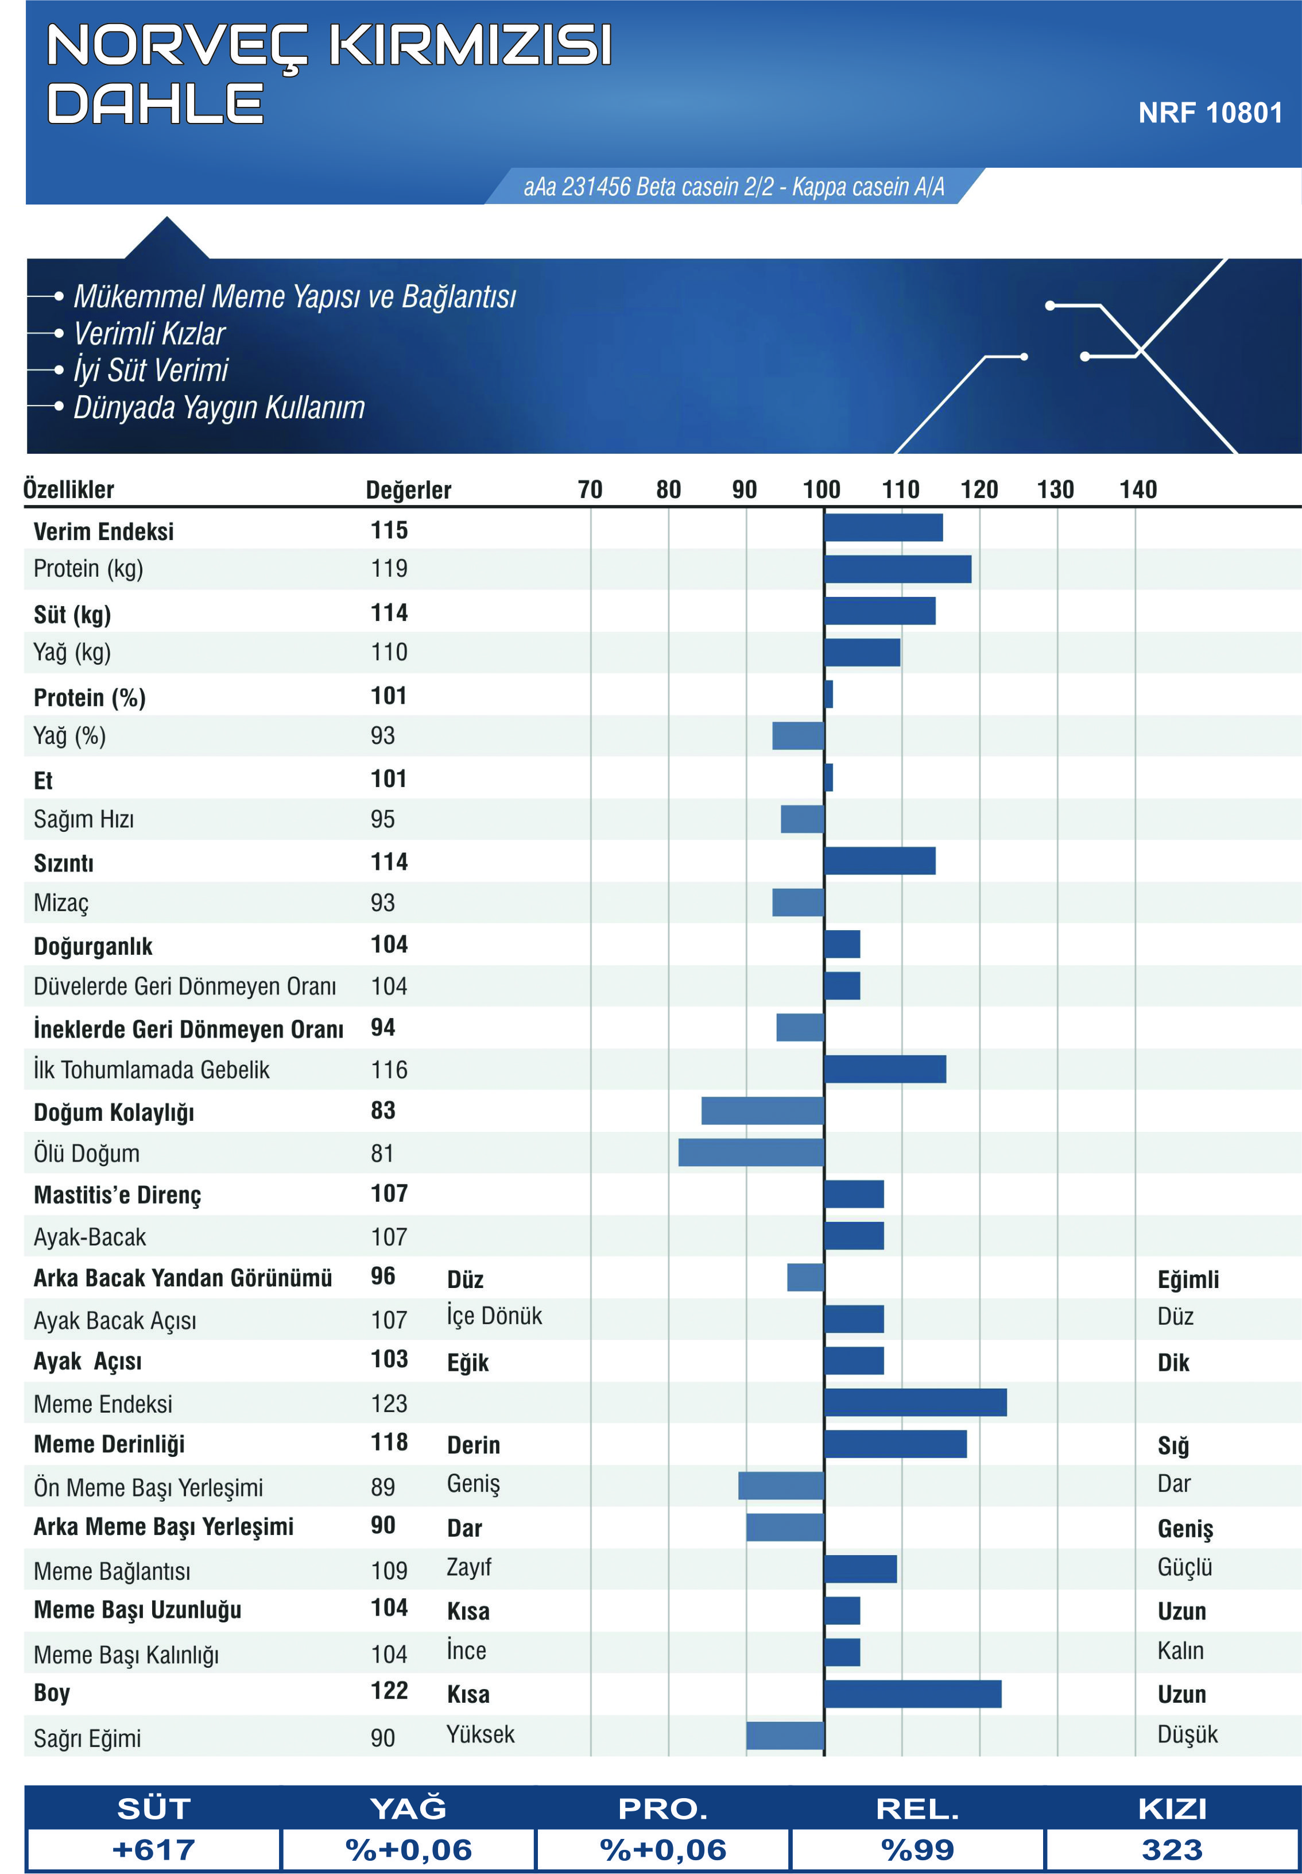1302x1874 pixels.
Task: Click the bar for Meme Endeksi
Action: point(915,1402)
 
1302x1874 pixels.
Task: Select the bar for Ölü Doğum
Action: point(751,1152)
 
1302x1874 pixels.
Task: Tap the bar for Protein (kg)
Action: point(897,569)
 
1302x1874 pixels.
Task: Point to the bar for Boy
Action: point(913,1694)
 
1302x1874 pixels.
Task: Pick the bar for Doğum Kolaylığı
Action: point(763,1111)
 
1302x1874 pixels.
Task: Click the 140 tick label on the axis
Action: point(1138,489)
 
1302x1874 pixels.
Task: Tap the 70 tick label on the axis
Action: point(590,489)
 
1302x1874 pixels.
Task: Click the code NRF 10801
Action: point(1210,113)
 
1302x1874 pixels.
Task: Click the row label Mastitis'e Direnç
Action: point(118,1195)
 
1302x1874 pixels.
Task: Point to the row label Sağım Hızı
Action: point(84,819)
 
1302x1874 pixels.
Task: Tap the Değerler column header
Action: point(408,489)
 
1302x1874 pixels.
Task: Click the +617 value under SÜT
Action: point(154,1849)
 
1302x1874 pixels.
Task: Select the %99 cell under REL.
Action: point(918,1849)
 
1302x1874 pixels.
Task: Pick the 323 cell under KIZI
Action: point(1172,1849)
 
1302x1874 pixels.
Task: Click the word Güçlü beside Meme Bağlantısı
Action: point(1184,1567)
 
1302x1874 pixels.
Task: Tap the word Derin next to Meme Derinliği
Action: point(473,1445)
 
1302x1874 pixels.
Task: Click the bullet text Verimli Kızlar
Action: point(149,334)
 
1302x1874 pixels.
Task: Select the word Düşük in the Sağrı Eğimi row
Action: point(1187,1734)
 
